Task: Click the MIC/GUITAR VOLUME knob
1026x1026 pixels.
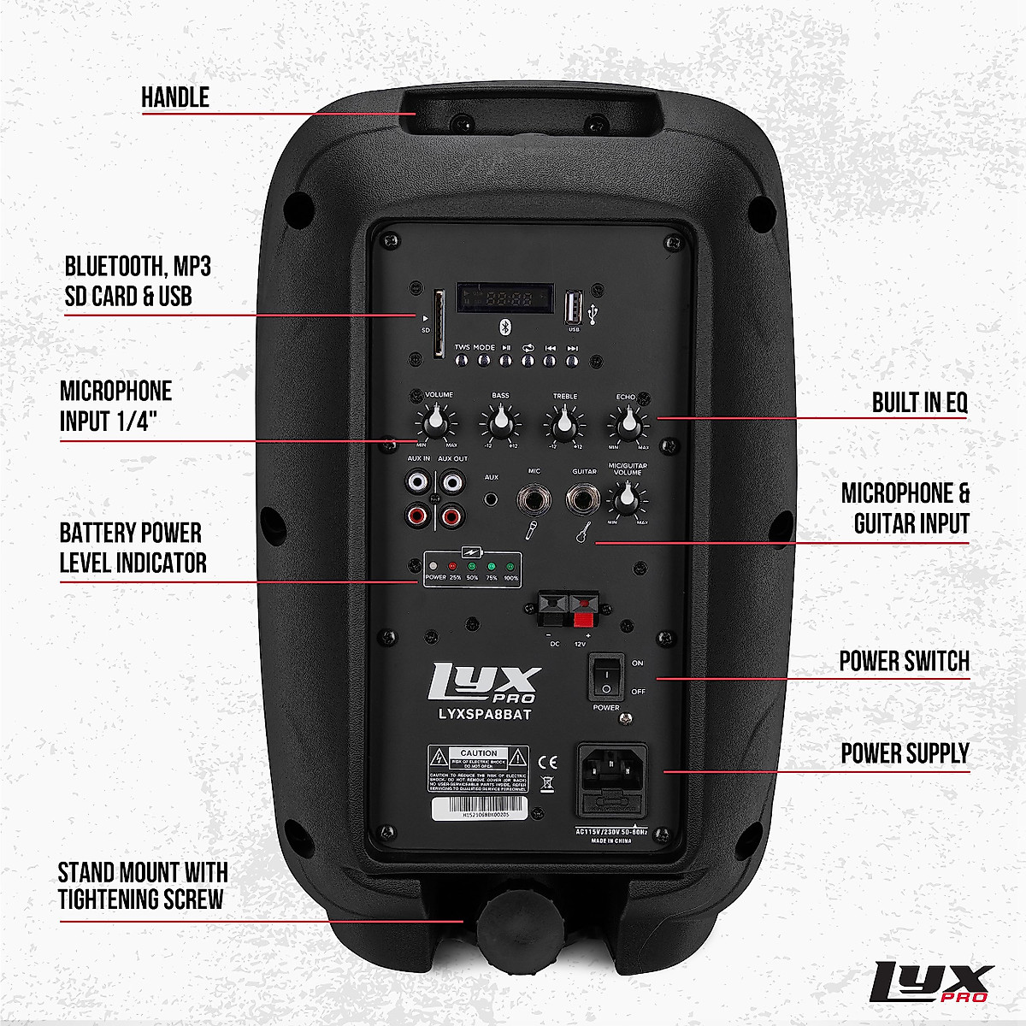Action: tap(628, 497)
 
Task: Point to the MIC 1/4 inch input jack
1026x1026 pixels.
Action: tap(533, 498)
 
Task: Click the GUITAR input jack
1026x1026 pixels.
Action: tap(585, 498)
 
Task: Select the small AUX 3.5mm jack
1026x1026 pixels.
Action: tap(492, 499)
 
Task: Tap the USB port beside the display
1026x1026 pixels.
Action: tap(574, 306)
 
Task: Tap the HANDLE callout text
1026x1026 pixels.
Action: tap(175, 97)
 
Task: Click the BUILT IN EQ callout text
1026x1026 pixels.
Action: tap(920, 403)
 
